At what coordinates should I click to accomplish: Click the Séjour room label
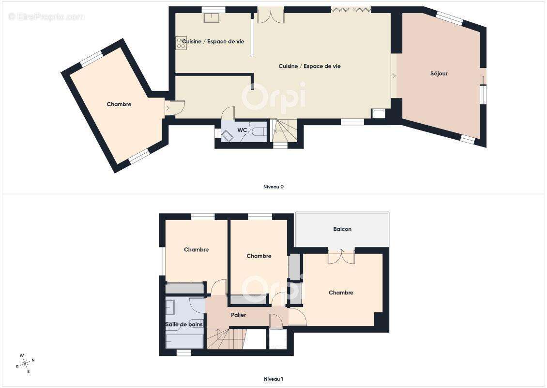[x=439, y=74]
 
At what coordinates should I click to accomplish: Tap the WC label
[x=242, y=130]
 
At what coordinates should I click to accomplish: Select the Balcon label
[x=342, y=229]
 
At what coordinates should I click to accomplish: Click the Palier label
[x=238, y=315]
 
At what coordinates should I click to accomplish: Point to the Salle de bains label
[x=184, y=324]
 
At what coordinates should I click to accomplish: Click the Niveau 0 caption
[x=273, y=187]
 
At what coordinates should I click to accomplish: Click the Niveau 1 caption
[x=273, y=379]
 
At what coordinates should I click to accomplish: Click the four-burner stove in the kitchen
[x=181, y=43]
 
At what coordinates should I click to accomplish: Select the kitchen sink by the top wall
[x=212, y=17]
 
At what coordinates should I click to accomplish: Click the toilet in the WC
[x=259, y=132]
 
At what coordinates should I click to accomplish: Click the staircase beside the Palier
[x=227, y=339]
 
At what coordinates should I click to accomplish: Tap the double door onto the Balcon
[x=341, y=256]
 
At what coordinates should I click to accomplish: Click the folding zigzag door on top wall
[x=350, y=10]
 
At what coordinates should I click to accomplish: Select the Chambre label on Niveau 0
[x=119, y=104]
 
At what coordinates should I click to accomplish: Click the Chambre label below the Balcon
[x=341, y=293]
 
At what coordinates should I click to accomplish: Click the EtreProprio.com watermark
[x=46, y=17]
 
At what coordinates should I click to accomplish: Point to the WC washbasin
[x=227, y=136]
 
